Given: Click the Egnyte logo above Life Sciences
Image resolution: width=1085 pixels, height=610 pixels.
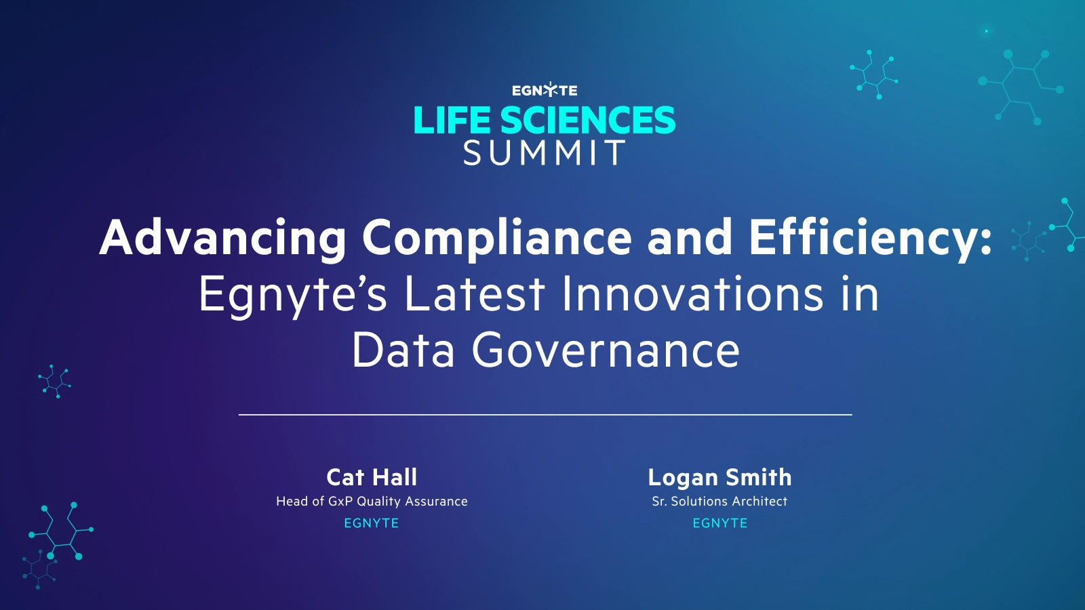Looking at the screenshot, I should tap(545, 90).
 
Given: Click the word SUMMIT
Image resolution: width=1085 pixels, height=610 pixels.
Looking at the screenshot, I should tap(545, 153).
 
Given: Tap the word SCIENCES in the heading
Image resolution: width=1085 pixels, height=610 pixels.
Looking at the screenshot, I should tap(587, 121).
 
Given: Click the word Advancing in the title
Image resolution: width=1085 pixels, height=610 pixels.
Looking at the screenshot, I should tap(223, 239).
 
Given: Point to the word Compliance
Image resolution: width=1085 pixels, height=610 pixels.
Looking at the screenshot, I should tap(496, 239).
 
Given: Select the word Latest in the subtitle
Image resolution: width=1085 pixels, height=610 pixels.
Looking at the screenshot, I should tap(475, 295).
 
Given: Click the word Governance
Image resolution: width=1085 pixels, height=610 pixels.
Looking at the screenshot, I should tap(606, 351).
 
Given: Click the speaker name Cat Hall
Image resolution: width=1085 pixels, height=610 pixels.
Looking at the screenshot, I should tap(372, 477).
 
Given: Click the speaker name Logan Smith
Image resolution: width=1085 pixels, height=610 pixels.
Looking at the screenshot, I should tap(719, 477).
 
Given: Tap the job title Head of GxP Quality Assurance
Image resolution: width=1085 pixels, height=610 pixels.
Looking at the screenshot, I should tap(372, 502).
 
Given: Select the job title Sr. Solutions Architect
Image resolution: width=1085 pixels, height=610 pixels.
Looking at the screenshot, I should tap(719, 502).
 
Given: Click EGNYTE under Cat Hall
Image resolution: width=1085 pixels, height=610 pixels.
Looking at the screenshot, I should tap(372, 523).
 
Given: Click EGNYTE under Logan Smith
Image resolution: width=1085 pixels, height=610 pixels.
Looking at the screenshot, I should tap(719, 523).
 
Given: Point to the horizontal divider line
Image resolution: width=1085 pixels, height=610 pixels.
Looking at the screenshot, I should tap(545, 414).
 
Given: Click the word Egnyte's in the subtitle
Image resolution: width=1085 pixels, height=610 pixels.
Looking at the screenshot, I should tap(293, 295).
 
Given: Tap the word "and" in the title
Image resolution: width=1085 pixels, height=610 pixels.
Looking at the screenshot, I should tap(690, 239).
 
